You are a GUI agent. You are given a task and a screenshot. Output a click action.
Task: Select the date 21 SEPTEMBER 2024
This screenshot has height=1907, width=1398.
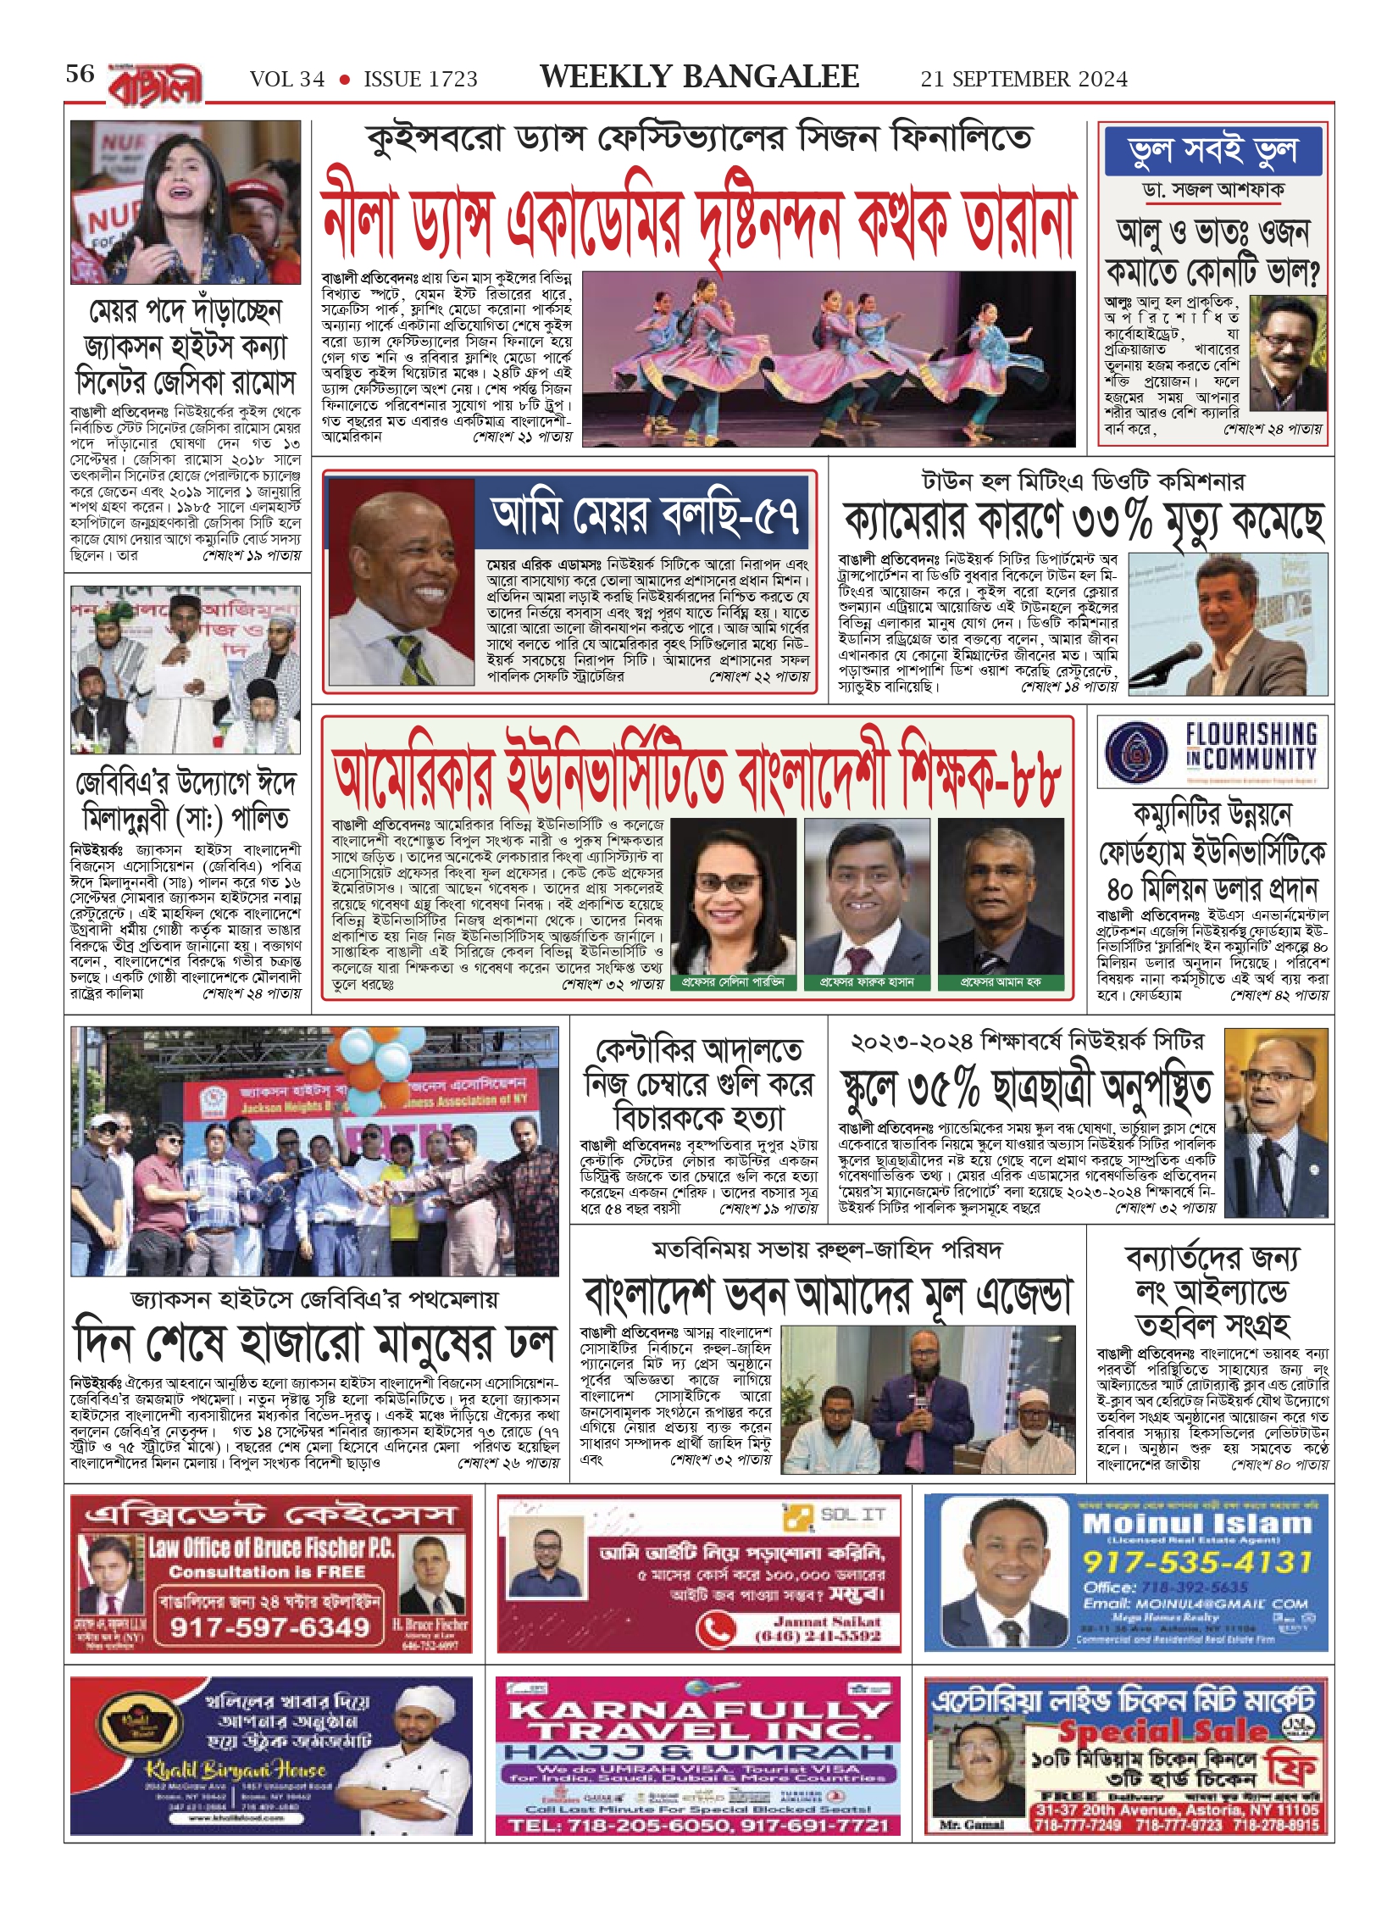click(1024, 80)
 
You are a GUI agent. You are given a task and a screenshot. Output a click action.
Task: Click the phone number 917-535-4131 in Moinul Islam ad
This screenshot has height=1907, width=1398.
click(1196, 1561)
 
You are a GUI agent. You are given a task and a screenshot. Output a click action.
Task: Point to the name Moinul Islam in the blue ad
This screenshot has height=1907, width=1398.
click(1196, 1523)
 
